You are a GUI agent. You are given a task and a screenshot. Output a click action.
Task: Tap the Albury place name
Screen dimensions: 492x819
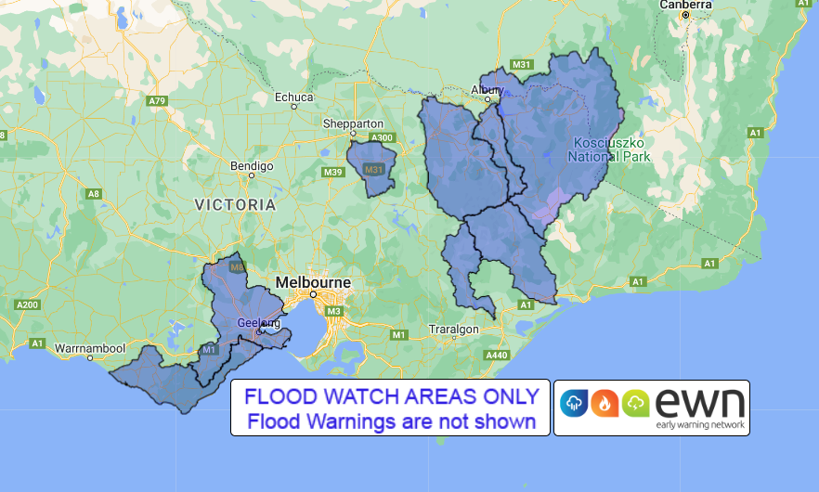[x=487, y=89]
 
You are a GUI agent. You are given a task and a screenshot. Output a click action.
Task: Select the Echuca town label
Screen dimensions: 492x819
[x=294, y=96]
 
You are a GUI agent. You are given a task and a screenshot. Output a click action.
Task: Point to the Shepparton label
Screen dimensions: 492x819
[x=353, y=123]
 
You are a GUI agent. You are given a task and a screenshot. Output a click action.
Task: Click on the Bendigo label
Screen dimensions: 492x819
[x=252, y=166]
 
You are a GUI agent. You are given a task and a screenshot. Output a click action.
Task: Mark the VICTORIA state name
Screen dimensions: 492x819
[x=235, y=203]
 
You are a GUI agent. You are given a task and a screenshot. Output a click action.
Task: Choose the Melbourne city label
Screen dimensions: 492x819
[x=313, y=282]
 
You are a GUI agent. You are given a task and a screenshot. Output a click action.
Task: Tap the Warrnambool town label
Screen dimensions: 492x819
[x=89, y=348]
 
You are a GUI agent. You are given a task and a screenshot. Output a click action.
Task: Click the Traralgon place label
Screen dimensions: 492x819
[x=453, y=330]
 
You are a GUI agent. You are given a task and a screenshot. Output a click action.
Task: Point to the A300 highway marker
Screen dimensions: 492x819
[x=382, y=138]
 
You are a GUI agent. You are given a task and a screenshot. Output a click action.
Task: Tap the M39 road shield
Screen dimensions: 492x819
[x=333, y=172]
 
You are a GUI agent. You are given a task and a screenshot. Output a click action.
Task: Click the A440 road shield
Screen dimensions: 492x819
[x=497, y=356]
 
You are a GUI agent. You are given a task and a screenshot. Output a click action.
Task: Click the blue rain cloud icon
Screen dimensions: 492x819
[x=576, y=402]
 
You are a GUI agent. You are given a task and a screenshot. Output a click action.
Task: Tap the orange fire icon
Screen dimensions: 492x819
[x=605, y=402]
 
